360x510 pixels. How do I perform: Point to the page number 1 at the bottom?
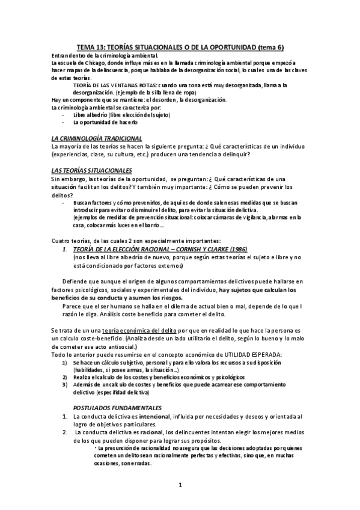pos(180,483)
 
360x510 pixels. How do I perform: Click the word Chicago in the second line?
pos(94,62)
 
